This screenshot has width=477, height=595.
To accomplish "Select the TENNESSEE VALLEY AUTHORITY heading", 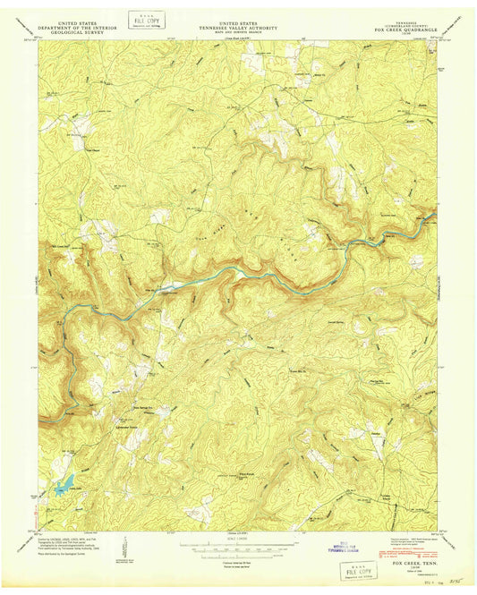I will tap(239, 28).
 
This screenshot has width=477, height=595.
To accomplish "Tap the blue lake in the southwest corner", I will tap(61, 489).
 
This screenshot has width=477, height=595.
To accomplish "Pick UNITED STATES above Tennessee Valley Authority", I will tap(239, 22).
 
